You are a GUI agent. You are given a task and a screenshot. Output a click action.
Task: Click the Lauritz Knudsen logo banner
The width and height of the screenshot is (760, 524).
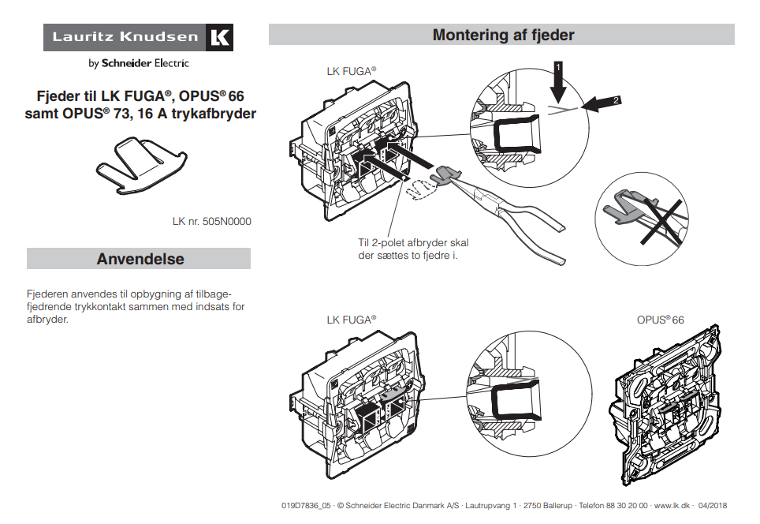click(138, 37)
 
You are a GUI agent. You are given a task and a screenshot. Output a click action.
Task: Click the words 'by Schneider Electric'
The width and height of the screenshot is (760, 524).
click(138, 63)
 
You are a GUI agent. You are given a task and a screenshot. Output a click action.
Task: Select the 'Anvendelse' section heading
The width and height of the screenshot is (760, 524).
click(140, 259)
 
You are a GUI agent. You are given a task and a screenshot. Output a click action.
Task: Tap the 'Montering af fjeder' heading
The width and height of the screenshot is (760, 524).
click(502, 35)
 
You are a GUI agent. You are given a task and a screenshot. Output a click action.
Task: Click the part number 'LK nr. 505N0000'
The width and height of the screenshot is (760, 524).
click(211, 222)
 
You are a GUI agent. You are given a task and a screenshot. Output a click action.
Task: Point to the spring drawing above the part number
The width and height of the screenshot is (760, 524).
click(140, 163)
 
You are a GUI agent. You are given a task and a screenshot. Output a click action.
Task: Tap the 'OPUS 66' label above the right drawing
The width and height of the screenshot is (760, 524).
click(660, 320)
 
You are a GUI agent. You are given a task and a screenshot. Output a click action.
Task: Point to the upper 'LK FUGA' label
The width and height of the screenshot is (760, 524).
click(351, 71)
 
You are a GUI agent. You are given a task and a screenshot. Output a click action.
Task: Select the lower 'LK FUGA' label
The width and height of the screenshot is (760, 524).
click(351, 320)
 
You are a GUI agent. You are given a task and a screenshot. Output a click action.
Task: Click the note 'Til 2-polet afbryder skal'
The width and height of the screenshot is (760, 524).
click(412, 243)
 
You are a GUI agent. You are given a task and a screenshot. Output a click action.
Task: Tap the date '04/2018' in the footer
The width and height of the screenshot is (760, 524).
click(713, 505)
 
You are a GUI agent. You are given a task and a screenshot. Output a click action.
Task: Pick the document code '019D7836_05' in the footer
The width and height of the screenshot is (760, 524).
click(304, 505)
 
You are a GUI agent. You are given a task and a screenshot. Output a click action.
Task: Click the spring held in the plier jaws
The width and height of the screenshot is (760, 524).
click(448, 173)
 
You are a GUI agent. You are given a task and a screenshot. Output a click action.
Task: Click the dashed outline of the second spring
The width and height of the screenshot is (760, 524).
click(422, 188)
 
